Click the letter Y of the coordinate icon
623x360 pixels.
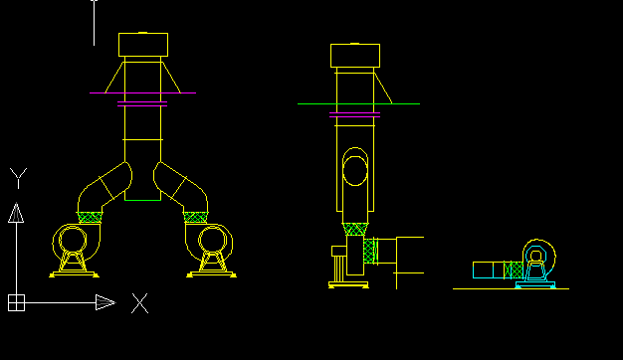pyautogui.click(x=18, y=178)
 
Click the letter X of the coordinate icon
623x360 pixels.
pyautogui.click(x=140, y=303)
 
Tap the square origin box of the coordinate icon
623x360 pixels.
pyautogui.click(x=16, y=303)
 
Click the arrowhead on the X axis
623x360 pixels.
pyautogui.click(x=105, y=302)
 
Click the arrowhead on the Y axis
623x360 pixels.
pyautogui.click(x=16, y=213)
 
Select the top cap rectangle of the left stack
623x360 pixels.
pyautogui.click(x=143, y=45)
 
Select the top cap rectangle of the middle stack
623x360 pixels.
pyautogui.click(x=355, y=55)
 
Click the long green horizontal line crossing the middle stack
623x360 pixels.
pyautogui.click(x=359, y=104)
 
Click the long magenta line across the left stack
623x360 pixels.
pyautogui.click(x=142, y=92)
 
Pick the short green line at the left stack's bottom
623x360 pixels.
pyautogui.click(x=142, y=200)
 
